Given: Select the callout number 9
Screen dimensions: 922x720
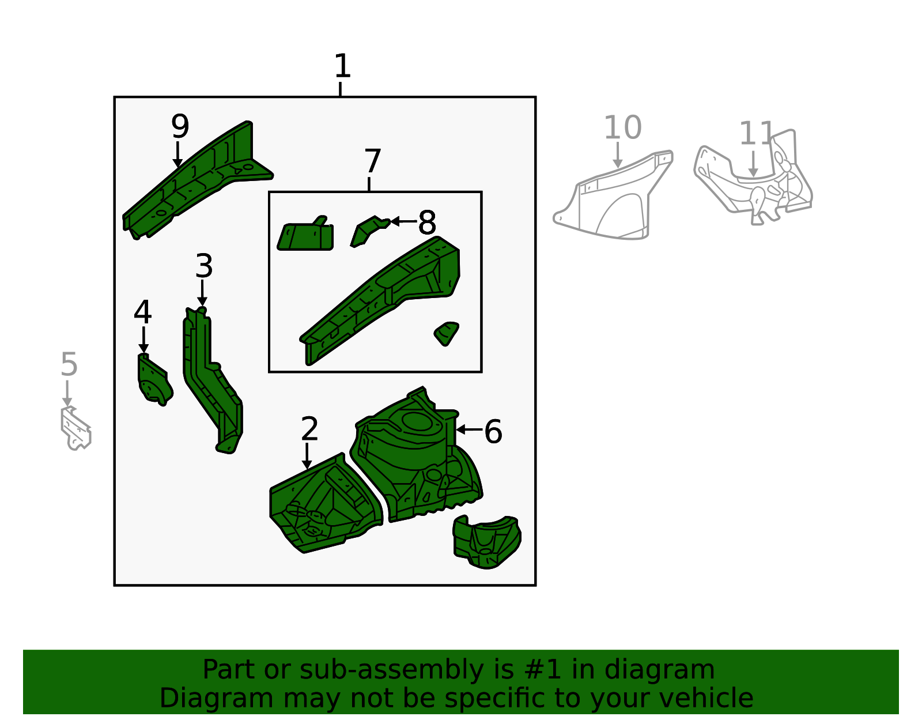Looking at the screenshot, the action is (180, 126).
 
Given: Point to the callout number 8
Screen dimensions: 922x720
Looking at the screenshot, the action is (427, 223).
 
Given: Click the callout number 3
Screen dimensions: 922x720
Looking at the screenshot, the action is (204, 266).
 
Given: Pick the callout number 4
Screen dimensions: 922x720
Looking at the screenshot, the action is (142, 312).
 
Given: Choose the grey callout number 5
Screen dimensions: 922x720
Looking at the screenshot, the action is (69, 364).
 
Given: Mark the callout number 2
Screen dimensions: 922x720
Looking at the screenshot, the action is (309, 428).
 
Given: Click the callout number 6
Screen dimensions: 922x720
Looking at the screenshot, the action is (493, 432).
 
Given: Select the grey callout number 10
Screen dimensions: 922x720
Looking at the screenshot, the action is (622, 127).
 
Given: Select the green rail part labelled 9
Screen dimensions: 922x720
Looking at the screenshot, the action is (198, 180).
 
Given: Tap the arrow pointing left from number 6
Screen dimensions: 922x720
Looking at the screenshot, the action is (469, 430).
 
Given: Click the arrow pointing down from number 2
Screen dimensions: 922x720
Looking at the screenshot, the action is (307, 456).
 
